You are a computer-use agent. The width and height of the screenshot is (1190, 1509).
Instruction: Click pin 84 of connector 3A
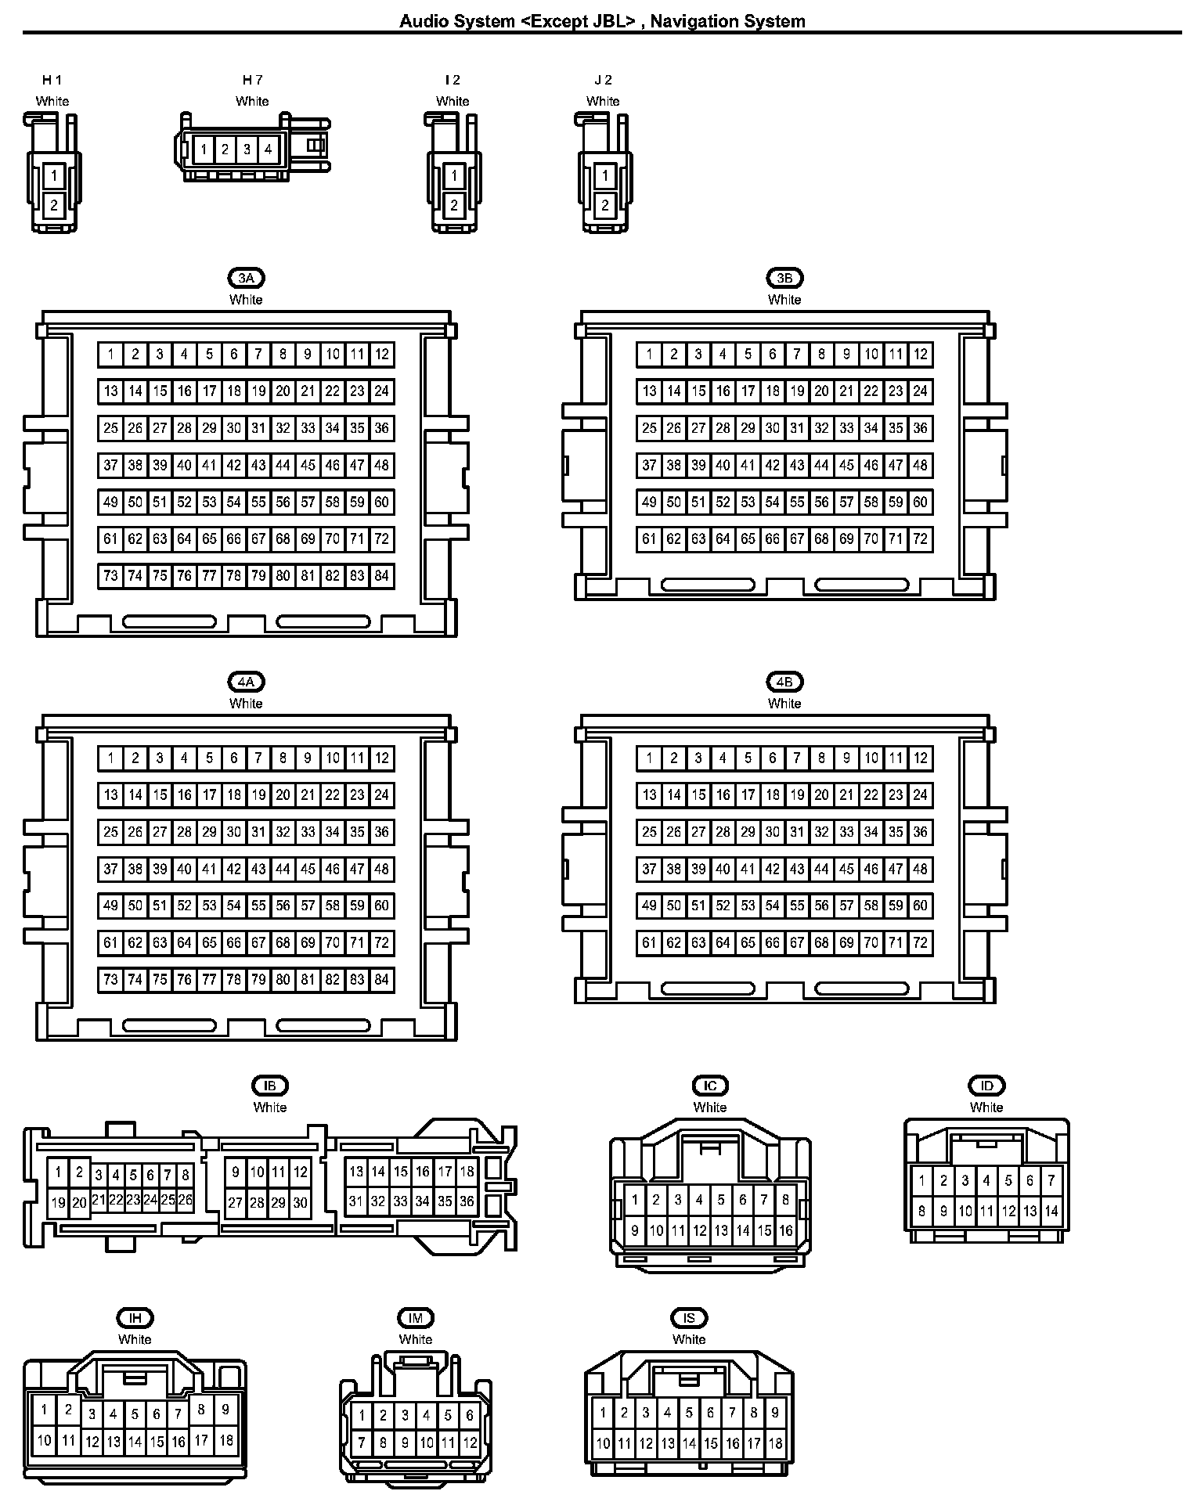tap(382, 576)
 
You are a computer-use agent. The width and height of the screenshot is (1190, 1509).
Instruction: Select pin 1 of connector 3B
tap(649, 355)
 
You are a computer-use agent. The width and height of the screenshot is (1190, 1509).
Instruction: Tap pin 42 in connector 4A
tap(233, 869)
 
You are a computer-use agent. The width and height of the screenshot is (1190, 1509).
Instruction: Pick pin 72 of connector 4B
tap(921, 943)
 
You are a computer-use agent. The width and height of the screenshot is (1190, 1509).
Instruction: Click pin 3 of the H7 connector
tap(247, 149)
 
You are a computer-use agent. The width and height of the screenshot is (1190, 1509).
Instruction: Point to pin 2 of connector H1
tap(54, 206)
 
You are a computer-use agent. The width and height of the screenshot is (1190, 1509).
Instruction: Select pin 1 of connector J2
tap(604, 176)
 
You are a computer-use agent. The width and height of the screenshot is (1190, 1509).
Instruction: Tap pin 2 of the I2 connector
tap(454, 206)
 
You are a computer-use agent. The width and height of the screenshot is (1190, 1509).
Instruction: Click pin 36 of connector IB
tap(467, 1201)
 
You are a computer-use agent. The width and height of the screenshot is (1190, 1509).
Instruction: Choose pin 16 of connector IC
tap(786, 1231)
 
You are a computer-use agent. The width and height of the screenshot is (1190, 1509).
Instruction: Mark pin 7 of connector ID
tap(1051, 1181)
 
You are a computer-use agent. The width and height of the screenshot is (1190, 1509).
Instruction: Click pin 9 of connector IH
tap(225, 1410)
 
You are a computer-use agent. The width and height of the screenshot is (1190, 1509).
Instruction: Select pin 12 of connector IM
tap(470, 1442)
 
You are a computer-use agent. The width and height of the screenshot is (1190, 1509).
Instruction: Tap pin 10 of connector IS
tap(603, 1443)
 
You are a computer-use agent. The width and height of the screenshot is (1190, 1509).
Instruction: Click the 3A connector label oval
tap(246, 278)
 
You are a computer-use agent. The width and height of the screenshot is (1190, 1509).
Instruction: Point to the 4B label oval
tap(784, 682)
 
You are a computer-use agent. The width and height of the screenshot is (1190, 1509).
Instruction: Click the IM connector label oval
tap(416, 1318)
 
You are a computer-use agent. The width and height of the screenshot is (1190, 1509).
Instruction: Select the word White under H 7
tap(252, 101)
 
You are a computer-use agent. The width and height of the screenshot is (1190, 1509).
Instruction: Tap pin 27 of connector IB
tap(236, 1203)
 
